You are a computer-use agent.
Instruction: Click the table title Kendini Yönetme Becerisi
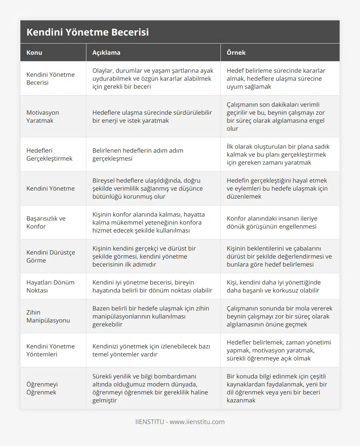88,32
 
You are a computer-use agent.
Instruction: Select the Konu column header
34,52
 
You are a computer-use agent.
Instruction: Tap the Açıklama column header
106,52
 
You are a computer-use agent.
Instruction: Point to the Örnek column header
236,52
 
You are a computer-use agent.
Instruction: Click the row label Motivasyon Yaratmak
42,116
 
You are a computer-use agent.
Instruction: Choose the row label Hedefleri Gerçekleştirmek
49,154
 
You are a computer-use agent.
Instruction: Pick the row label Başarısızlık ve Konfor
46,222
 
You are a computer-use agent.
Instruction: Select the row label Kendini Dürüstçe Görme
50,256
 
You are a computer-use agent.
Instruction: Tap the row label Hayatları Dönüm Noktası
50,286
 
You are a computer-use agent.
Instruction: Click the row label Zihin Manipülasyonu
48,316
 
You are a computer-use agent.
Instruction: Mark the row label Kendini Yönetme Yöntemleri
50,350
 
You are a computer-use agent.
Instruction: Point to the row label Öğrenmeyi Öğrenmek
42,388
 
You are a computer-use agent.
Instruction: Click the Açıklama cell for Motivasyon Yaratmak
152,116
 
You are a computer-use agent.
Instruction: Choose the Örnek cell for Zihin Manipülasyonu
279,316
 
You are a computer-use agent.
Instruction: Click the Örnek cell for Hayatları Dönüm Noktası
274,286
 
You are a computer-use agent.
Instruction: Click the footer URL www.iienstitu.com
197,422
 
